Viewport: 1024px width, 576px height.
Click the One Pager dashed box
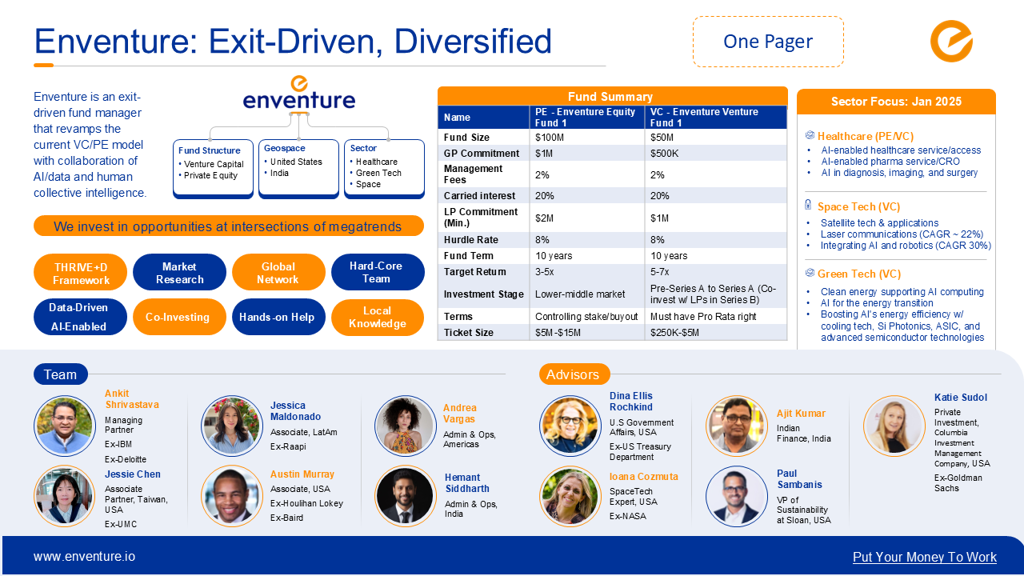tap(768, 42)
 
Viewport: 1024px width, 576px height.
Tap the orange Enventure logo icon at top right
tap(951, 42)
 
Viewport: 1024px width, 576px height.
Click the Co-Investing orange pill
tap(178, 317)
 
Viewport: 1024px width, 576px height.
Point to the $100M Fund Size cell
tap(586, 138)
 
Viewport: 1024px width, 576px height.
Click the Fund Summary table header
tap(612, 96)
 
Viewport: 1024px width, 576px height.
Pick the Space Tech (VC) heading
tap(858, 206)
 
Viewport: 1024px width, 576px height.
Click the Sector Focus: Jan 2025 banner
tap(896, 102)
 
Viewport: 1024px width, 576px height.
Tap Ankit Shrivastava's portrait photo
tap(65, 426)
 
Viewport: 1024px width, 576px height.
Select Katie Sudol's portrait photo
tap(894, 426)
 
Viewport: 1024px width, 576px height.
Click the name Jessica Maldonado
tap(295, 411)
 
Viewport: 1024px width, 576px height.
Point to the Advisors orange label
tap(574, 374)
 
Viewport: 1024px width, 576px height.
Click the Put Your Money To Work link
tap(924, 558)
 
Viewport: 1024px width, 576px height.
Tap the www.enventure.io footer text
tap(84, 557)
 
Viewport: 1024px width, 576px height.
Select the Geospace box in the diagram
tap(298, 168)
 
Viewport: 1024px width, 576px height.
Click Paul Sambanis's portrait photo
tap(737, 497)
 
